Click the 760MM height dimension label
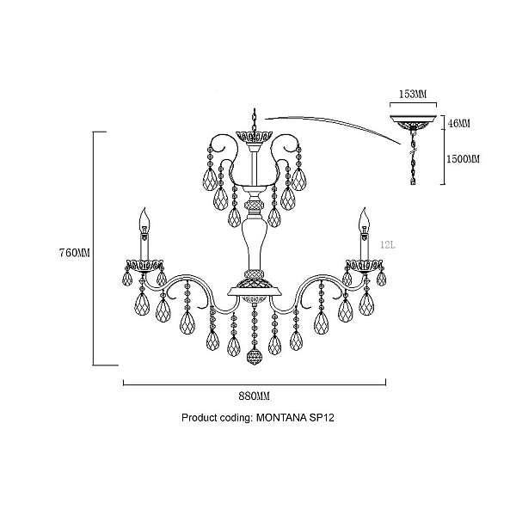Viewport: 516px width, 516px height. tap(74, 253)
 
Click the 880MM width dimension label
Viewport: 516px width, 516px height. tap(254, 396)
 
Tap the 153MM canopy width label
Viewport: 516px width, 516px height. tap(413, 94)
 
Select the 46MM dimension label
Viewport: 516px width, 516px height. tap(459, 123)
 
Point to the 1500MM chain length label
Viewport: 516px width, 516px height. tap(463, 159)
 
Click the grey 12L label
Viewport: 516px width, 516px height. tap(388, 245)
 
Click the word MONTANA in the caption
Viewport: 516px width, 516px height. tap(281, 418)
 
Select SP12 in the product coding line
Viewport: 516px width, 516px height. tap(322, 418)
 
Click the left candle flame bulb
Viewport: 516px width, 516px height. tap(144, 220)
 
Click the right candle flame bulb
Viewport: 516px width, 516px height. tap(364, 220)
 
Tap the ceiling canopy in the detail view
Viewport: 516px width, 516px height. tap(414, 122)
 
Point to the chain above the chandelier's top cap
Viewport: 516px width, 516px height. tap(254, 120)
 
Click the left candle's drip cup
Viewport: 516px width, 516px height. tap(144, 266)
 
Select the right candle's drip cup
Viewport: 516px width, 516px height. tap(364, 266)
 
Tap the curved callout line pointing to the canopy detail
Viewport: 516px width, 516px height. tap(332, 125)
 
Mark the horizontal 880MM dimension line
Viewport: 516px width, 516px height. tap(255, 383)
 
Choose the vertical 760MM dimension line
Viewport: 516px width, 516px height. tap(94, 249)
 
